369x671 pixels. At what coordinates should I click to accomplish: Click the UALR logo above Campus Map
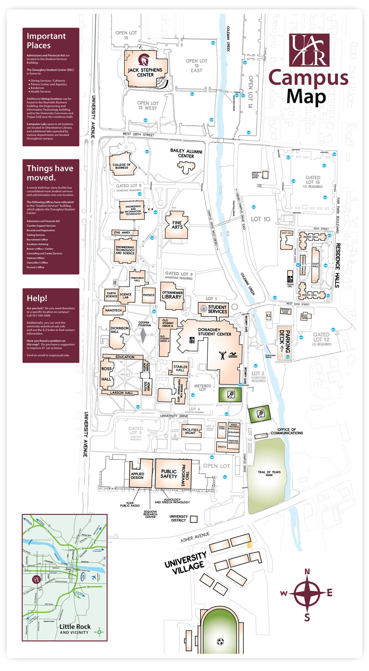pyautogui.click(x=309, y=50)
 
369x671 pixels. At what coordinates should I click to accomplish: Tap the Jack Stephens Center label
pyautogui.click(x=145, y=72)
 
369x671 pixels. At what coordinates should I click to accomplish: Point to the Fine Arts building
pyautogui.click(x=177, y=225)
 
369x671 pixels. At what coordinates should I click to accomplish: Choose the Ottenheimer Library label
pyautogui.click(x=172, y=295)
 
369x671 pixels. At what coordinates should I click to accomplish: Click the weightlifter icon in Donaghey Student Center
pyautogui.click(x=222, y=355)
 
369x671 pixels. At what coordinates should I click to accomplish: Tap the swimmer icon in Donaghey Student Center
pyautogui.click(x=232, y=355)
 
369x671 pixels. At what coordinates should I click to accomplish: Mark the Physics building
pyautogui.click(x=149, y=295)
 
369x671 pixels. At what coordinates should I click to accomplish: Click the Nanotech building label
pyautogui.click(x=114, y=310)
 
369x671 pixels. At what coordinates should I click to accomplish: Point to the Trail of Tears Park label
pyautogui.click(x=269, y=474)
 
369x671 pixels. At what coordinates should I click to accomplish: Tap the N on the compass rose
pyautogui.click(x=307, y=572)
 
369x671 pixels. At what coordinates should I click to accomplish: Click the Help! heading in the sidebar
pyautogui.click(x=37, y=298)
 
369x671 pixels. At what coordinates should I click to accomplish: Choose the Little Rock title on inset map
pyautogui.click(x=75, y=626)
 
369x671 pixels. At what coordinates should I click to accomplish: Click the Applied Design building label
pyautogui.click(x=137, y=476)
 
